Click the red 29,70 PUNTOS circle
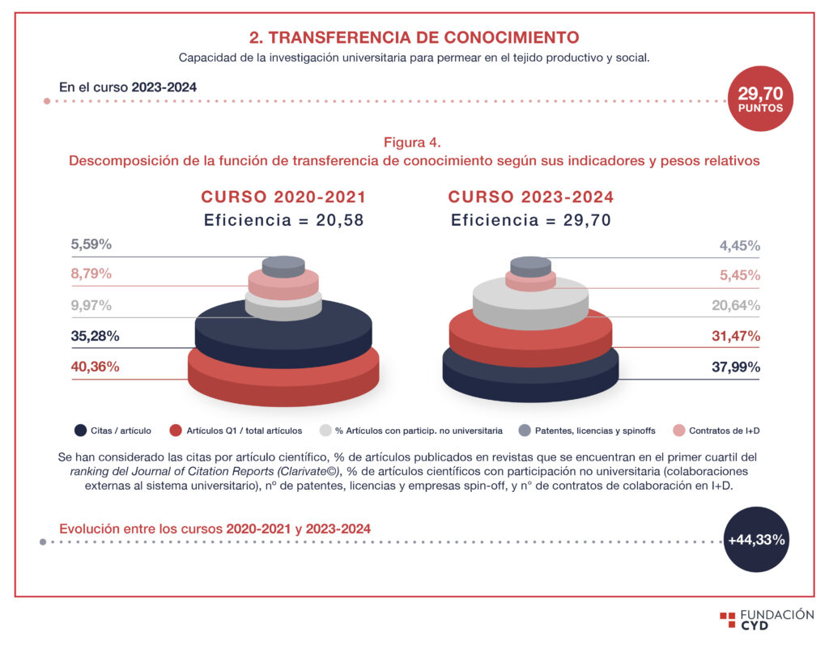click(x=759, y=99)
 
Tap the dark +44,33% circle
click(x=755, y=540)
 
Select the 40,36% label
click(x=96, y=367)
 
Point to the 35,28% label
click(x=95, y=336)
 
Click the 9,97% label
click(x=91, y=305)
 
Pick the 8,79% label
click(x=91, y=274)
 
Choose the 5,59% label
click(x=91, y=243)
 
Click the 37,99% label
click(x=735, y=367)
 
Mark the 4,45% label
click(x=739, y=246)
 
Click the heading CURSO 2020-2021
click(x=283, y=197)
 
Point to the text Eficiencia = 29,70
click(x=530, y=220)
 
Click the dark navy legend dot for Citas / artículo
click(x=80, y=431)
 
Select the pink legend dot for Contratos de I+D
click(x=678, y=431)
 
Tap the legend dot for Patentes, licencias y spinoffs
click(x=524, y=431)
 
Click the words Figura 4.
click(x=413, y=142)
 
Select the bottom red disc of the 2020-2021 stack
click(x=283, y=384)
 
